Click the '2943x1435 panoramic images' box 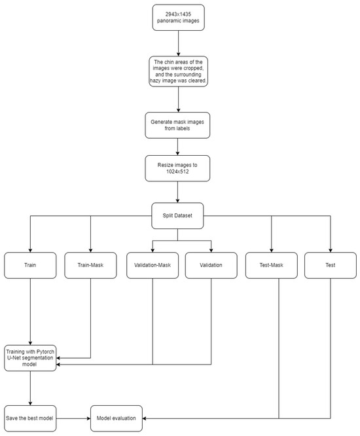coord(179,18)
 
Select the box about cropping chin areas coord(179,71)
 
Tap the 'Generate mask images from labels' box coord(179,124)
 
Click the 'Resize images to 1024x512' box coord(179,168)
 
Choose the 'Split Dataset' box coord(179,215)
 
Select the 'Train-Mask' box coord(91,266)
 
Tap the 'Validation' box coord(211,266)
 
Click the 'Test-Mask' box coord(272,266)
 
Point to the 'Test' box coord(331,266)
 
